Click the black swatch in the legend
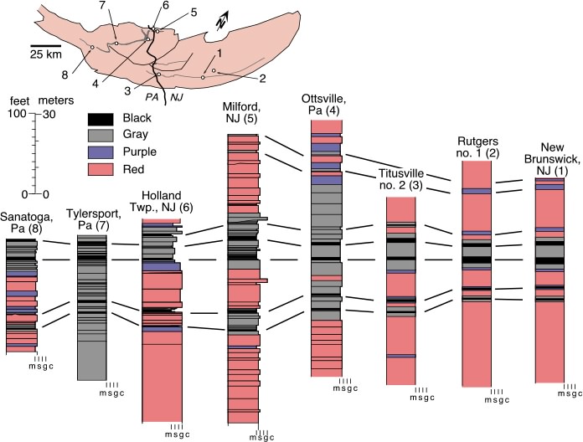pos(101,119)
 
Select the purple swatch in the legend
pos(101,152)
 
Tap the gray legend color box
pos(101,136)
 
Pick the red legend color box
pos(101,169)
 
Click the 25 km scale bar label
pos(46,54)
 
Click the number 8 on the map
pos(64,75)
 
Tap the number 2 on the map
pos(262,79)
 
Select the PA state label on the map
pos(152,97)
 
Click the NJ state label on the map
pos(177,97)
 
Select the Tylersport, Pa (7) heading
pos(94,219)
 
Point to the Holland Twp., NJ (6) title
pos(162,201)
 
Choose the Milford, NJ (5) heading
pos(242,112)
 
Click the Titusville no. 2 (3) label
pos(401,179)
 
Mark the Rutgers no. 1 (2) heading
pos(477,147)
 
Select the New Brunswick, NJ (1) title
pos(552,158)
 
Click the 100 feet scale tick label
pos(17,113)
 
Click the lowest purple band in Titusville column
pos(401,356)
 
